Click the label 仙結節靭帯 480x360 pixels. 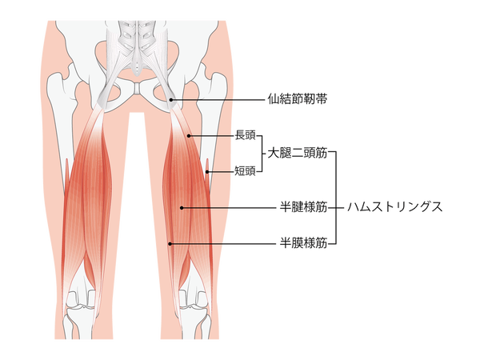coord(298,99)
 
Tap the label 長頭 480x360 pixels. coord(245,135)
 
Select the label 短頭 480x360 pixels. coord(245,171)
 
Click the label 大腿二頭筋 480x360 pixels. coord(298,153)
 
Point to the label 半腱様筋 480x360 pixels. coord(303,207)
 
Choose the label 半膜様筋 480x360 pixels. coord(303,243)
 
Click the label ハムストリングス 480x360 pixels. coord(395,207)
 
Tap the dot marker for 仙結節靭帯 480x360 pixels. coord(171,100)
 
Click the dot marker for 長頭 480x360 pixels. coord(189,136)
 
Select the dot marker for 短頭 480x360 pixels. coord(207,172)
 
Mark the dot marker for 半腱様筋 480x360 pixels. coord(182,208)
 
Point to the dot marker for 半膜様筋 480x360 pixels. coord(170,244)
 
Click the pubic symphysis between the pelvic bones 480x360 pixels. coord(138,89)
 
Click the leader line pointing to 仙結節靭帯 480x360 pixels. coord(218,100)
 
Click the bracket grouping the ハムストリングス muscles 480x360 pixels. coord(336,198)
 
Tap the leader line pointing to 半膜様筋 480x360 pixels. coord(223,244)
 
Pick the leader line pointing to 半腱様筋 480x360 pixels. coord(229,208)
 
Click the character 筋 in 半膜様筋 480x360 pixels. coord(322,243)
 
